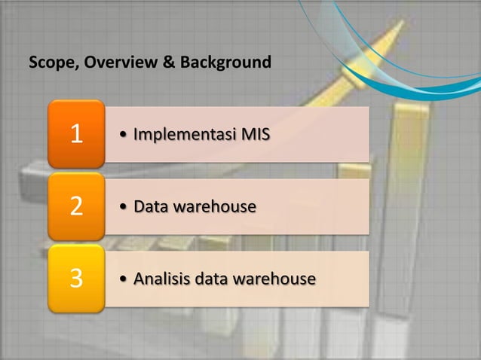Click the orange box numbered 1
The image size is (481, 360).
click(76, 134)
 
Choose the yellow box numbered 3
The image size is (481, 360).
click(76, 279)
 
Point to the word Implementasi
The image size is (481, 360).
click(182, 136)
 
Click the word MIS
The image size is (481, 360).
click(253, 136)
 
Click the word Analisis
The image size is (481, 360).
click(160, 279)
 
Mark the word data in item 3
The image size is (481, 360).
click(208, 279)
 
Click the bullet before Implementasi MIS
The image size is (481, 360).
click(124, 136)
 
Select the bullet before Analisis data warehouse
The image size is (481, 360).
click(124, 280)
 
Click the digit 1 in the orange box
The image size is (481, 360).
click(76, 135)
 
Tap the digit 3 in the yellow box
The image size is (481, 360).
click(76, 279)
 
